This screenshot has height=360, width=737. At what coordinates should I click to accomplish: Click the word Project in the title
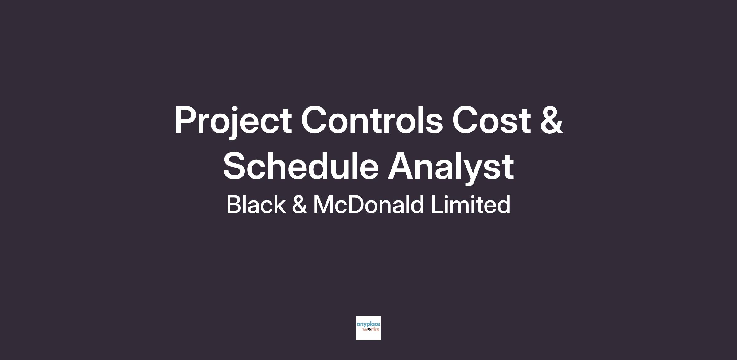(x=233, y=121)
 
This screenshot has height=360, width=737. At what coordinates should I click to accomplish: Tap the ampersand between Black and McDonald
(x=299, y=204)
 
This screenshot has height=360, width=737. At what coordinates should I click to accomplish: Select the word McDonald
(x=368, y=204)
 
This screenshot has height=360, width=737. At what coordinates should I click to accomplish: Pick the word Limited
(x=470, y=204)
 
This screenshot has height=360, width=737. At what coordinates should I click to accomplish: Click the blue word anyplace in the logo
(x=368, y=325)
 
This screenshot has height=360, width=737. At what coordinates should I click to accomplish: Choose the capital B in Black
(x=235, y=204)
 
